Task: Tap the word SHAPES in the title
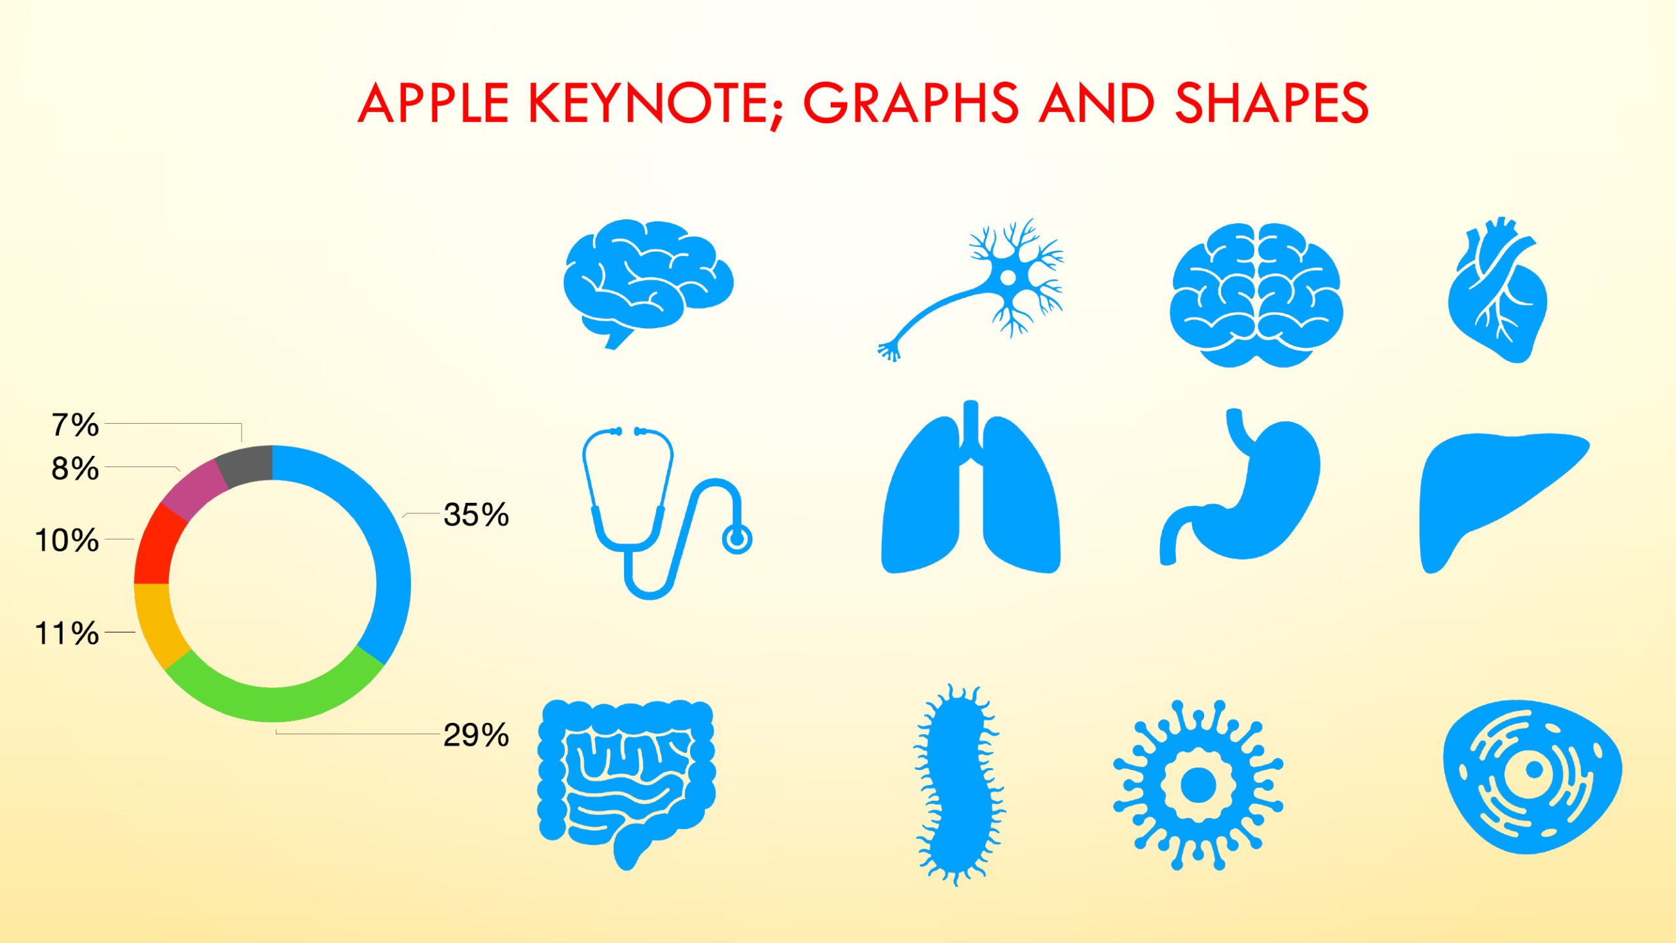coord(1271,103)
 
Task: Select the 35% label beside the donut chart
coord(476,515)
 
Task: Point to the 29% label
coord(476,735)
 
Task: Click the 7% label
coord(75,425)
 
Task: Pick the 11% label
coord(67,633)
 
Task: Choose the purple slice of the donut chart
coord(194,489)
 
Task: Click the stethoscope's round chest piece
coord(737,540)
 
